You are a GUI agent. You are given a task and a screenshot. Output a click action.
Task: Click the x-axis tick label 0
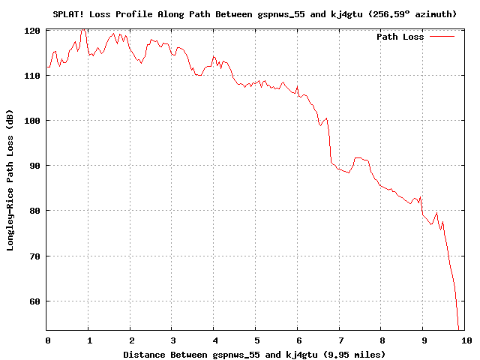pos(47,340)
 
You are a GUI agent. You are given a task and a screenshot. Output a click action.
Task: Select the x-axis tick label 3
pos(172,340)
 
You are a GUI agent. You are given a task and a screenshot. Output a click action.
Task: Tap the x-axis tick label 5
pos(256,340)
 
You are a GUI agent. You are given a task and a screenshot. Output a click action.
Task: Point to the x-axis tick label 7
pos(340,340)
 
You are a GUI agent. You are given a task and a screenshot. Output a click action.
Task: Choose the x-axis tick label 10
pos(465,340)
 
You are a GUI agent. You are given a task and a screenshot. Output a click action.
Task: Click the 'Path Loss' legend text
pos(400,37)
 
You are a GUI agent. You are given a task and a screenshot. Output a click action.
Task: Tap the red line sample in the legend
pos(442,37)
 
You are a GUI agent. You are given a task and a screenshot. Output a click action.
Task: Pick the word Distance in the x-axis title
pos(147,354)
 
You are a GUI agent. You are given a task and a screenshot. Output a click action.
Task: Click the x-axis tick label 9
pos(423,340)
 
